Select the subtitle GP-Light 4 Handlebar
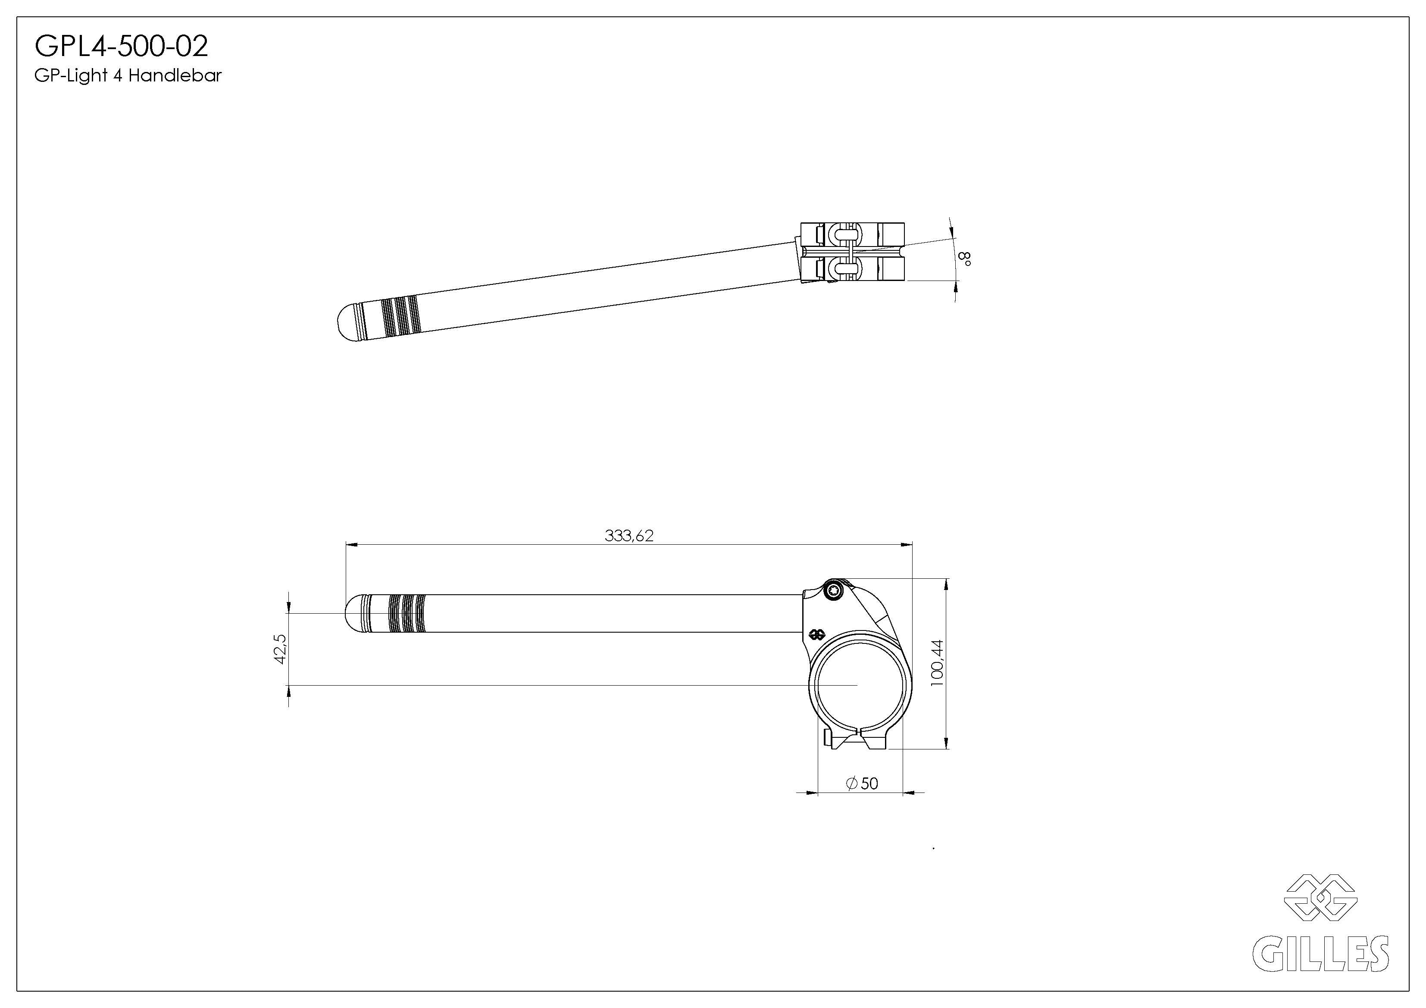(128, 76)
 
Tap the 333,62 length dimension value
(629, 535)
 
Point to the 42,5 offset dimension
(280, 649)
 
